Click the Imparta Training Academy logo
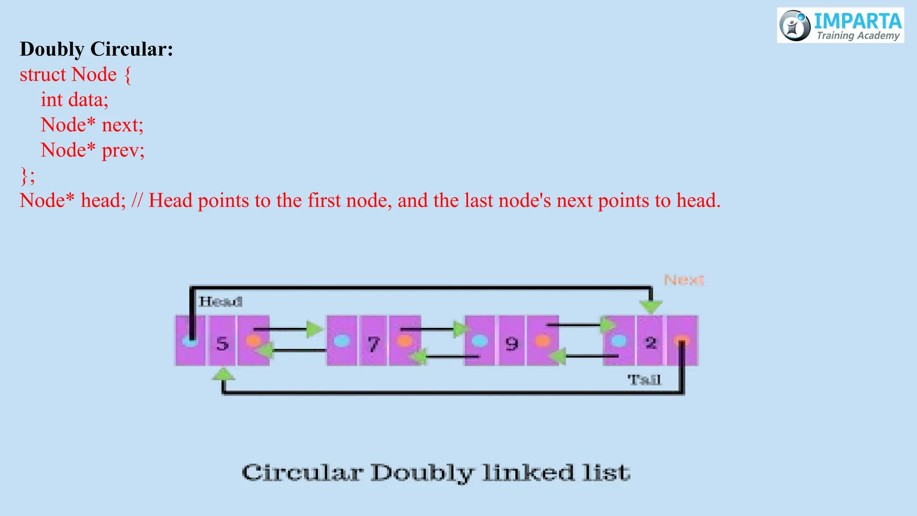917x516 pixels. pyautogui.click(x=840, y=26)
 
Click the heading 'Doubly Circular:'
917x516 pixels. pyautogui.click(x=96, y=49)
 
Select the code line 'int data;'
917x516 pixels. pyautogui.click(x=74, y=99)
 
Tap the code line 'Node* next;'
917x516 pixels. pyautogui.click(x=92, y=125)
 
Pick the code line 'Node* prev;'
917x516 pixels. pyautogui.click(x=92, y=150)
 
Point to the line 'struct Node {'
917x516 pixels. pyautogui.click(x=75, y=74)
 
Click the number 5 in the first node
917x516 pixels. pyautogui.click(x=223, y=344)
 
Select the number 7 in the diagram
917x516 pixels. pyautogui.click(x=373, y=344)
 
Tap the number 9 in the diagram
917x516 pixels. pyautogui.click(x=512, y=344)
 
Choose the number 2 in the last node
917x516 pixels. pyautogui.click(x=651, y=343)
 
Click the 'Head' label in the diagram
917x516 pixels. pyautogui.click(x=220, y=301)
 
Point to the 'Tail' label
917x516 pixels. pyautogui.click(x=644, y=380)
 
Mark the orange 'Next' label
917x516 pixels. pyautogui.click(x=684, y=280)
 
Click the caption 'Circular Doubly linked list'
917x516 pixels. pyautogui.click(x=436, y=473)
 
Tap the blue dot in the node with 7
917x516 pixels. pyautogui.click(x=342, y=341)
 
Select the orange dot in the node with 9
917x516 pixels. pyautogui.click(x=542, y=341)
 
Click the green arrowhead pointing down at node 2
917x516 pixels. pyautogui.click(x=651, y=307)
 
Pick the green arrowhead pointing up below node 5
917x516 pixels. pyautogui.click(x=223, y=374)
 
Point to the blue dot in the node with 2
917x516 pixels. pyautogui.click(x=619, y=341)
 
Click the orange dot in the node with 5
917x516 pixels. pyautogui.click(x=253, y=341)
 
